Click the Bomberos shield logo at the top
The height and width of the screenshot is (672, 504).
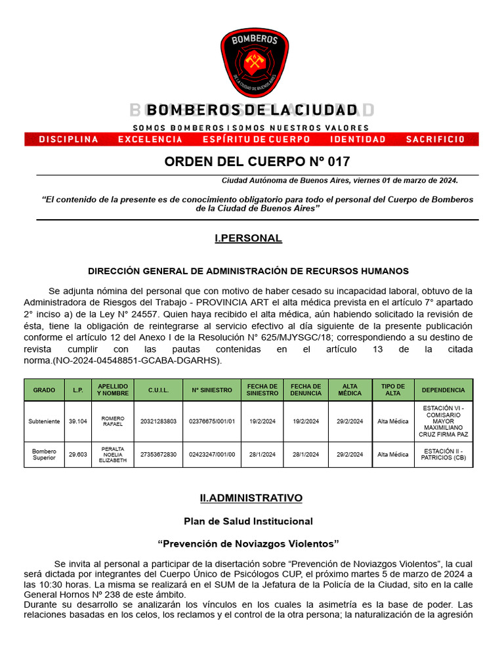click(254, 64)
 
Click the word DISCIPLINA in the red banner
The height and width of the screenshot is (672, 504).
click(68, 139)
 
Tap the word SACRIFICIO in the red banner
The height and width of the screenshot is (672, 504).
click(435, 139)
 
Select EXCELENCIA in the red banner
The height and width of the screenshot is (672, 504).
click(150, 139)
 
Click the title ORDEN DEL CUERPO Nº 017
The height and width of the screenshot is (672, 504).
click(257, 161)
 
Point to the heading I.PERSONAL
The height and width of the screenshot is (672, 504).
click(248, 238)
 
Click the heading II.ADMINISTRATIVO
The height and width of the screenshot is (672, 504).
click(251, 498)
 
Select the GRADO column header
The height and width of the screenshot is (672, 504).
click(44, 390)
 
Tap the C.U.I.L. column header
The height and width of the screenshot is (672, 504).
click(158, 390)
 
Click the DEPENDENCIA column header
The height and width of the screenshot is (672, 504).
click(443, 390)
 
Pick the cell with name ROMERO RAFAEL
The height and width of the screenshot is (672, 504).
click(113, 421)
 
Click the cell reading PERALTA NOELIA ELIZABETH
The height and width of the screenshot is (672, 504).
click(113, 454)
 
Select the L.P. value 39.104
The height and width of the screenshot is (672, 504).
click(78, 421)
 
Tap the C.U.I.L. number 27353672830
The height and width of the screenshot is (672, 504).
click(158, 454)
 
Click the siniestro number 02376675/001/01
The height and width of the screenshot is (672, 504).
click(212, 421)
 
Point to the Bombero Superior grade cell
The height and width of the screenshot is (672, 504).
click(44, 454)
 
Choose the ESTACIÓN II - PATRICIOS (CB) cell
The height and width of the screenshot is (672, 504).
click(443, 454)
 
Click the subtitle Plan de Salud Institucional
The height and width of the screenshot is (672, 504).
click(248, 521)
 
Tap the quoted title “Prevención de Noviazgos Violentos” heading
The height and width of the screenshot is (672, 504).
click(248, 543)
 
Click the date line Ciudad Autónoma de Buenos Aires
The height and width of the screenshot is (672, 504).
click(339, 180)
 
